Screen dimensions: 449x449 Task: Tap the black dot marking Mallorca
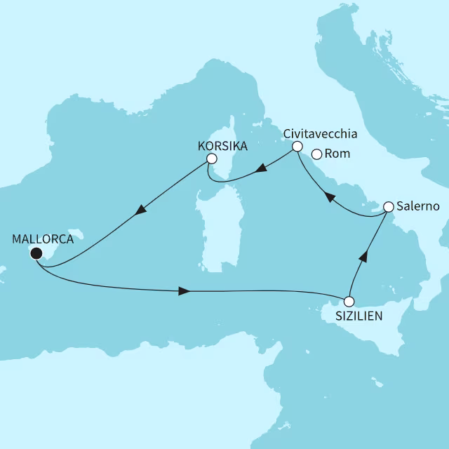pyautogui.click(x=36, y=253)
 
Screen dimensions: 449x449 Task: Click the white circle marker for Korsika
pyautogui.click(x=210, y=161)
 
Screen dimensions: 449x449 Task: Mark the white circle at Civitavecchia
pyautogui.click(x=297, y=147)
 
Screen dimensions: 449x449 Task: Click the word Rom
pyautogui.click(x=339, y=154)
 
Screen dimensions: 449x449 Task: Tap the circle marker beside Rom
pyautogui.click(x=316, y=154)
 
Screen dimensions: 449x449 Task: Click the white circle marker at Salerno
pyautogui.click(x=387, y=207)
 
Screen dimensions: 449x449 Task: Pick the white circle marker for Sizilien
pyautogui.click(x=349, y=302)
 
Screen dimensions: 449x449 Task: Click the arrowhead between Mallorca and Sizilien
pyautogui.click(x=184, y=290)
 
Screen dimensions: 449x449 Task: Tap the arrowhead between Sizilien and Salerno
pyautogui.click(x=363, y=257)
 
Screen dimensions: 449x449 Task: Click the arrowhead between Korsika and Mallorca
pyautogui.click(x=142, y=209)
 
